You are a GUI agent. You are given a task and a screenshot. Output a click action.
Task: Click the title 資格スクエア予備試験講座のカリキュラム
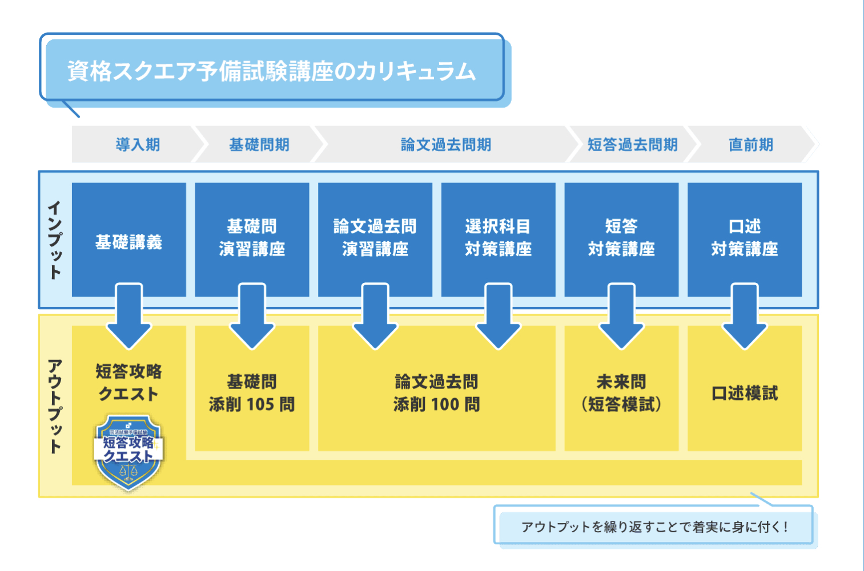point(272,71)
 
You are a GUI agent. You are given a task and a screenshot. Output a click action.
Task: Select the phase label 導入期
point(138,145)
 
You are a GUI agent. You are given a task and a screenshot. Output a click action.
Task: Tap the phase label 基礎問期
point(259,145)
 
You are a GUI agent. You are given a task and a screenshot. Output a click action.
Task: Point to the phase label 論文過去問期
point(446,145)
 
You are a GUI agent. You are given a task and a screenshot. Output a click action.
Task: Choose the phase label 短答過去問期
point(633,145)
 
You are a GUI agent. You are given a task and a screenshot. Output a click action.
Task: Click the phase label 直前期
point(750,145)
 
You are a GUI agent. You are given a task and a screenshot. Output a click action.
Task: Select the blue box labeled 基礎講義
point(129,242)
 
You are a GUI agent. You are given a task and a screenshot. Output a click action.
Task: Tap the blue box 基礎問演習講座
point(252,238)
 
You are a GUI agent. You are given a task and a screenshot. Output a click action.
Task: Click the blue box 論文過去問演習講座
point(375,238)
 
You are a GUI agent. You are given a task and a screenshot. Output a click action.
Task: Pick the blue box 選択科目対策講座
point(498,238)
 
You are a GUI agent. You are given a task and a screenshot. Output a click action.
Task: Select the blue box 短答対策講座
point(621,238)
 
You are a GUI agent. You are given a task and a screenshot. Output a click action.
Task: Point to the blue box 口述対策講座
point(745,238)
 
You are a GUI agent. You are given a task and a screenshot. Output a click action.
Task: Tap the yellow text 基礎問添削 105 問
point(252,393)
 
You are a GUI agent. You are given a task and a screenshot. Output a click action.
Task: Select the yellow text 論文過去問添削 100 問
point(437,393)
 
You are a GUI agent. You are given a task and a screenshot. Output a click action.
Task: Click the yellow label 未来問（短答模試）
point(621,393)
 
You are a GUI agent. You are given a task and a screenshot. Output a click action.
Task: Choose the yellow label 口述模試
point(745,393)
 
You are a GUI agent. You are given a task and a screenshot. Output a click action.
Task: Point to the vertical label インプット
point(55,240)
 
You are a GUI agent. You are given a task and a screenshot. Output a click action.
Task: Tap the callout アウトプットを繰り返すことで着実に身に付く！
point(655,527)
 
